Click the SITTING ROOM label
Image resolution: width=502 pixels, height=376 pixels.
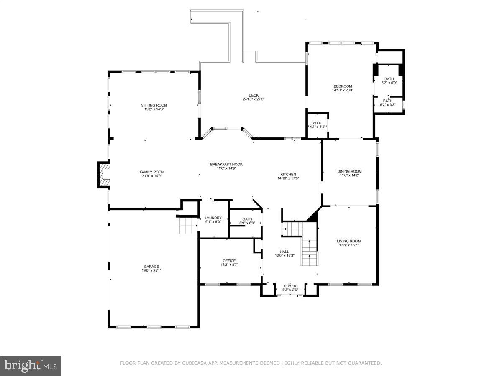(154, 105)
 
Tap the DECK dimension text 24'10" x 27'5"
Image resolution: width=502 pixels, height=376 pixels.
(254, 99)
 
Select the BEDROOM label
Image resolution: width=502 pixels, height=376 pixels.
(343, 86)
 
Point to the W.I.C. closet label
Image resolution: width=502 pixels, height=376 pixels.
(318, 123)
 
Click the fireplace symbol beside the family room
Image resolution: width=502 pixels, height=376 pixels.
(104, 175)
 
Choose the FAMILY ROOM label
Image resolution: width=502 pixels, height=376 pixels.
(152, 172)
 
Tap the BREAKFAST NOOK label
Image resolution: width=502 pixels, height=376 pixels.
(226, 164)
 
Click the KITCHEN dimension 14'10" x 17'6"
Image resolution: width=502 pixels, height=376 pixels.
(288, 178)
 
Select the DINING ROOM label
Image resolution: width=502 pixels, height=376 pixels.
(349, 171)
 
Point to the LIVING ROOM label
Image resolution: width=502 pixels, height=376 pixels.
(349, 241)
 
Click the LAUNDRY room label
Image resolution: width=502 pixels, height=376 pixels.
(213, 218)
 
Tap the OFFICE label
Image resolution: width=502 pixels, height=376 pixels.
(229, 261)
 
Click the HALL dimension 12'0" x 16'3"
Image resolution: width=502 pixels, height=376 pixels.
(284, 255)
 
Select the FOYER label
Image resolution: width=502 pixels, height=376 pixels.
(290, 286)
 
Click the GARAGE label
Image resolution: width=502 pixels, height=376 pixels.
(151, 267)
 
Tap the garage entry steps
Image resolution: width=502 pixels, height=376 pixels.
(188, 226)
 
